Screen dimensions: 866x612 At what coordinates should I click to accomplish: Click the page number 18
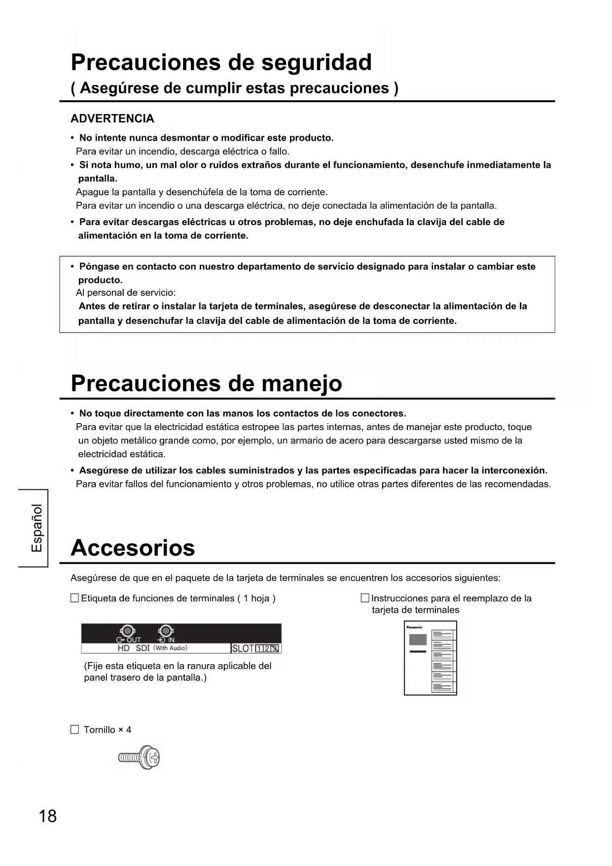pos(48,817)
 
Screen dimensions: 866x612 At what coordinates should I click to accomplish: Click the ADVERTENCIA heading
pos(112,118)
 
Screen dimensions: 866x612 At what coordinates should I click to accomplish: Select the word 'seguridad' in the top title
pos(316,63)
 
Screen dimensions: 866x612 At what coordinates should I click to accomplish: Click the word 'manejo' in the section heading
pos(301,384)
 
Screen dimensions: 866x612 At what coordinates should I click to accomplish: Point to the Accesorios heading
pos(133,548)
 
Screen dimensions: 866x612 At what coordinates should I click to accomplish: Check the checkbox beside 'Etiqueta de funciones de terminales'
pos(74,598)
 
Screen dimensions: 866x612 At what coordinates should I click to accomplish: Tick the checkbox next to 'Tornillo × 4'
pos(74,730)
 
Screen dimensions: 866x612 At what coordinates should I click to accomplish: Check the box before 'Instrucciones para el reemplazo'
pos(365,598)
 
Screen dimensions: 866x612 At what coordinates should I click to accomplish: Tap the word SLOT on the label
pos(243,649)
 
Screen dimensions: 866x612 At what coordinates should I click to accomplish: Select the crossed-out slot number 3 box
pos(276,649)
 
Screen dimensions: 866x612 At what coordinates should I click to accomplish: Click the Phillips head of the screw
pos(153,757)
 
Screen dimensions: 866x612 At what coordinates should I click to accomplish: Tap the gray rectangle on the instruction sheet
pos(418,640)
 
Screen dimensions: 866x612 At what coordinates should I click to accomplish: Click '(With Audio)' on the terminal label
pos(170,648)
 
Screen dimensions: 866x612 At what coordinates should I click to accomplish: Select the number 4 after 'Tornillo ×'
pos(129,730)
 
